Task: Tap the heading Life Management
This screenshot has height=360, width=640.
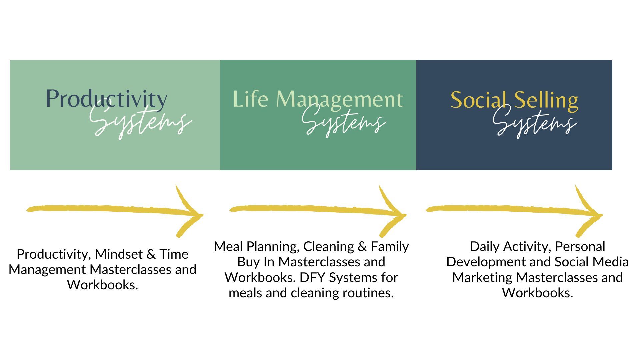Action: tap(318, 99)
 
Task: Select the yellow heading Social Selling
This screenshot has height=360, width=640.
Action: tap(514, 100)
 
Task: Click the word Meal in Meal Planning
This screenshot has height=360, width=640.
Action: tap(228, 247)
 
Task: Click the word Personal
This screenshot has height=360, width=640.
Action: tap(580, 247)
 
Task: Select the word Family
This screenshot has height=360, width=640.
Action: tap(390, 247)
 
